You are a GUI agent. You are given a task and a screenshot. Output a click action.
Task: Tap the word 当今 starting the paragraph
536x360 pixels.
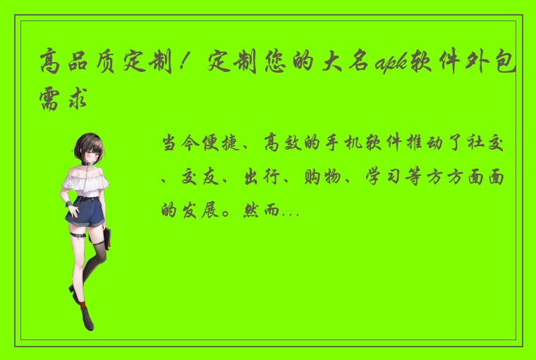(181, 145)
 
